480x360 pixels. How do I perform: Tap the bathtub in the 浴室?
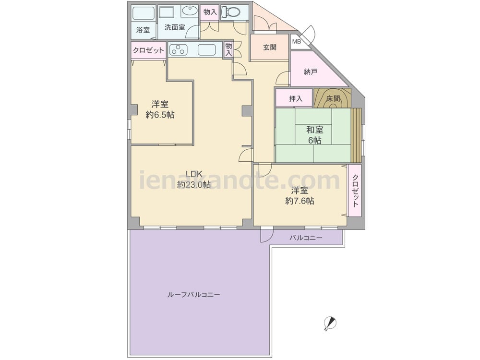(144, 13)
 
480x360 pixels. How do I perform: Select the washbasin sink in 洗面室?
(190, 12)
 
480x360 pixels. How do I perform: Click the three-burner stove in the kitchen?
(178, 49)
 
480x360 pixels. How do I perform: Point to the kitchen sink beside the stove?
(206, 49)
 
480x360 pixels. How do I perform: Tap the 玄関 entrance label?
(269, 48)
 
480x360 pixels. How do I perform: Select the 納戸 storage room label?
(310, 72)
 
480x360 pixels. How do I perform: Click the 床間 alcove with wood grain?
(333, 98)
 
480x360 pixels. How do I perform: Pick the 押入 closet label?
(295, 98)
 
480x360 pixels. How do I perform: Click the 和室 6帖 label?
(314, 135)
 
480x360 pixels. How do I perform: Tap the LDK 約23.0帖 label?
(194, 179)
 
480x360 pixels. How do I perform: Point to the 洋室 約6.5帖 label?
(160, 109)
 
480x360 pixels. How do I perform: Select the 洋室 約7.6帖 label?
(300, 196)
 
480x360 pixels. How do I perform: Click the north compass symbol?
(330, 323)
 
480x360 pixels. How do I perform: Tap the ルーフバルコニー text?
(193, 295)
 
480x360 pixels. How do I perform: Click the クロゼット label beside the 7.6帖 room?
(355, 191)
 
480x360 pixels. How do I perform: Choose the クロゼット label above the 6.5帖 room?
(148, 50)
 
